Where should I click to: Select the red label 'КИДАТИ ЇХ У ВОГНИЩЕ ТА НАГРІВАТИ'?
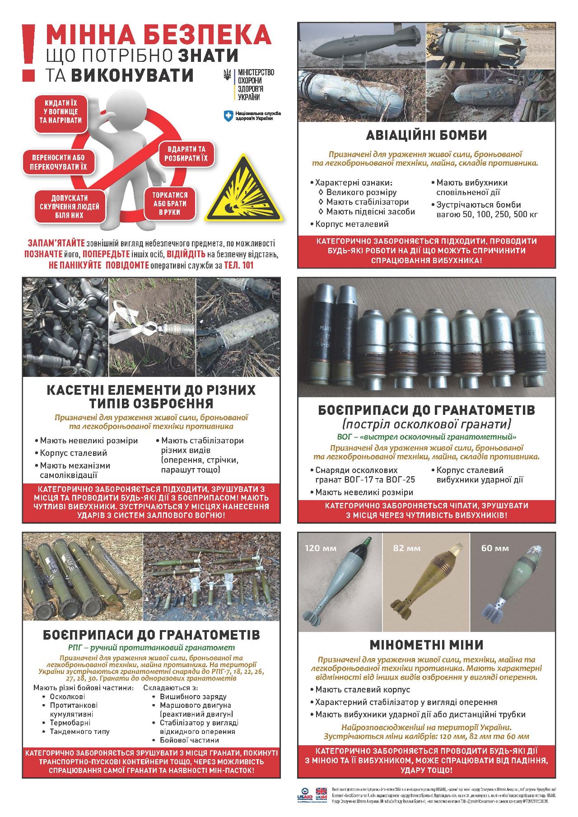60,111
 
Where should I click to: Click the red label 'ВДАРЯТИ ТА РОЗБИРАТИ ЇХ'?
186,153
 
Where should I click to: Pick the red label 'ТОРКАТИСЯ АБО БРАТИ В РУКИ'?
170,204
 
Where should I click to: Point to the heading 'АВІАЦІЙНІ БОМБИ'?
426,135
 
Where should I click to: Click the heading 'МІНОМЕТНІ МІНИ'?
426,644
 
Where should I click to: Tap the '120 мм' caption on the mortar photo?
321,548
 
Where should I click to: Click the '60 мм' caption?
495,548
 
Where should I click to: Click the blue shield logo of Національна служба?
228,116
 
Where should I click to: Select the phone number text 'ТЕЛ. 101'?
239,265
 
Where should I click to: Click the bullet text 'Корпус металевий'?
351,224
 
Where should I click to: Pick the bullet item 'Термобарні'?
70,723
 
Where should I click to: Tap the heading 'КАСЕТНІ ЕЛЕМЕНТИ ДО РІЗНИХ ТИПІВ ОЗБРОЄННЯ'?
151,396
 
